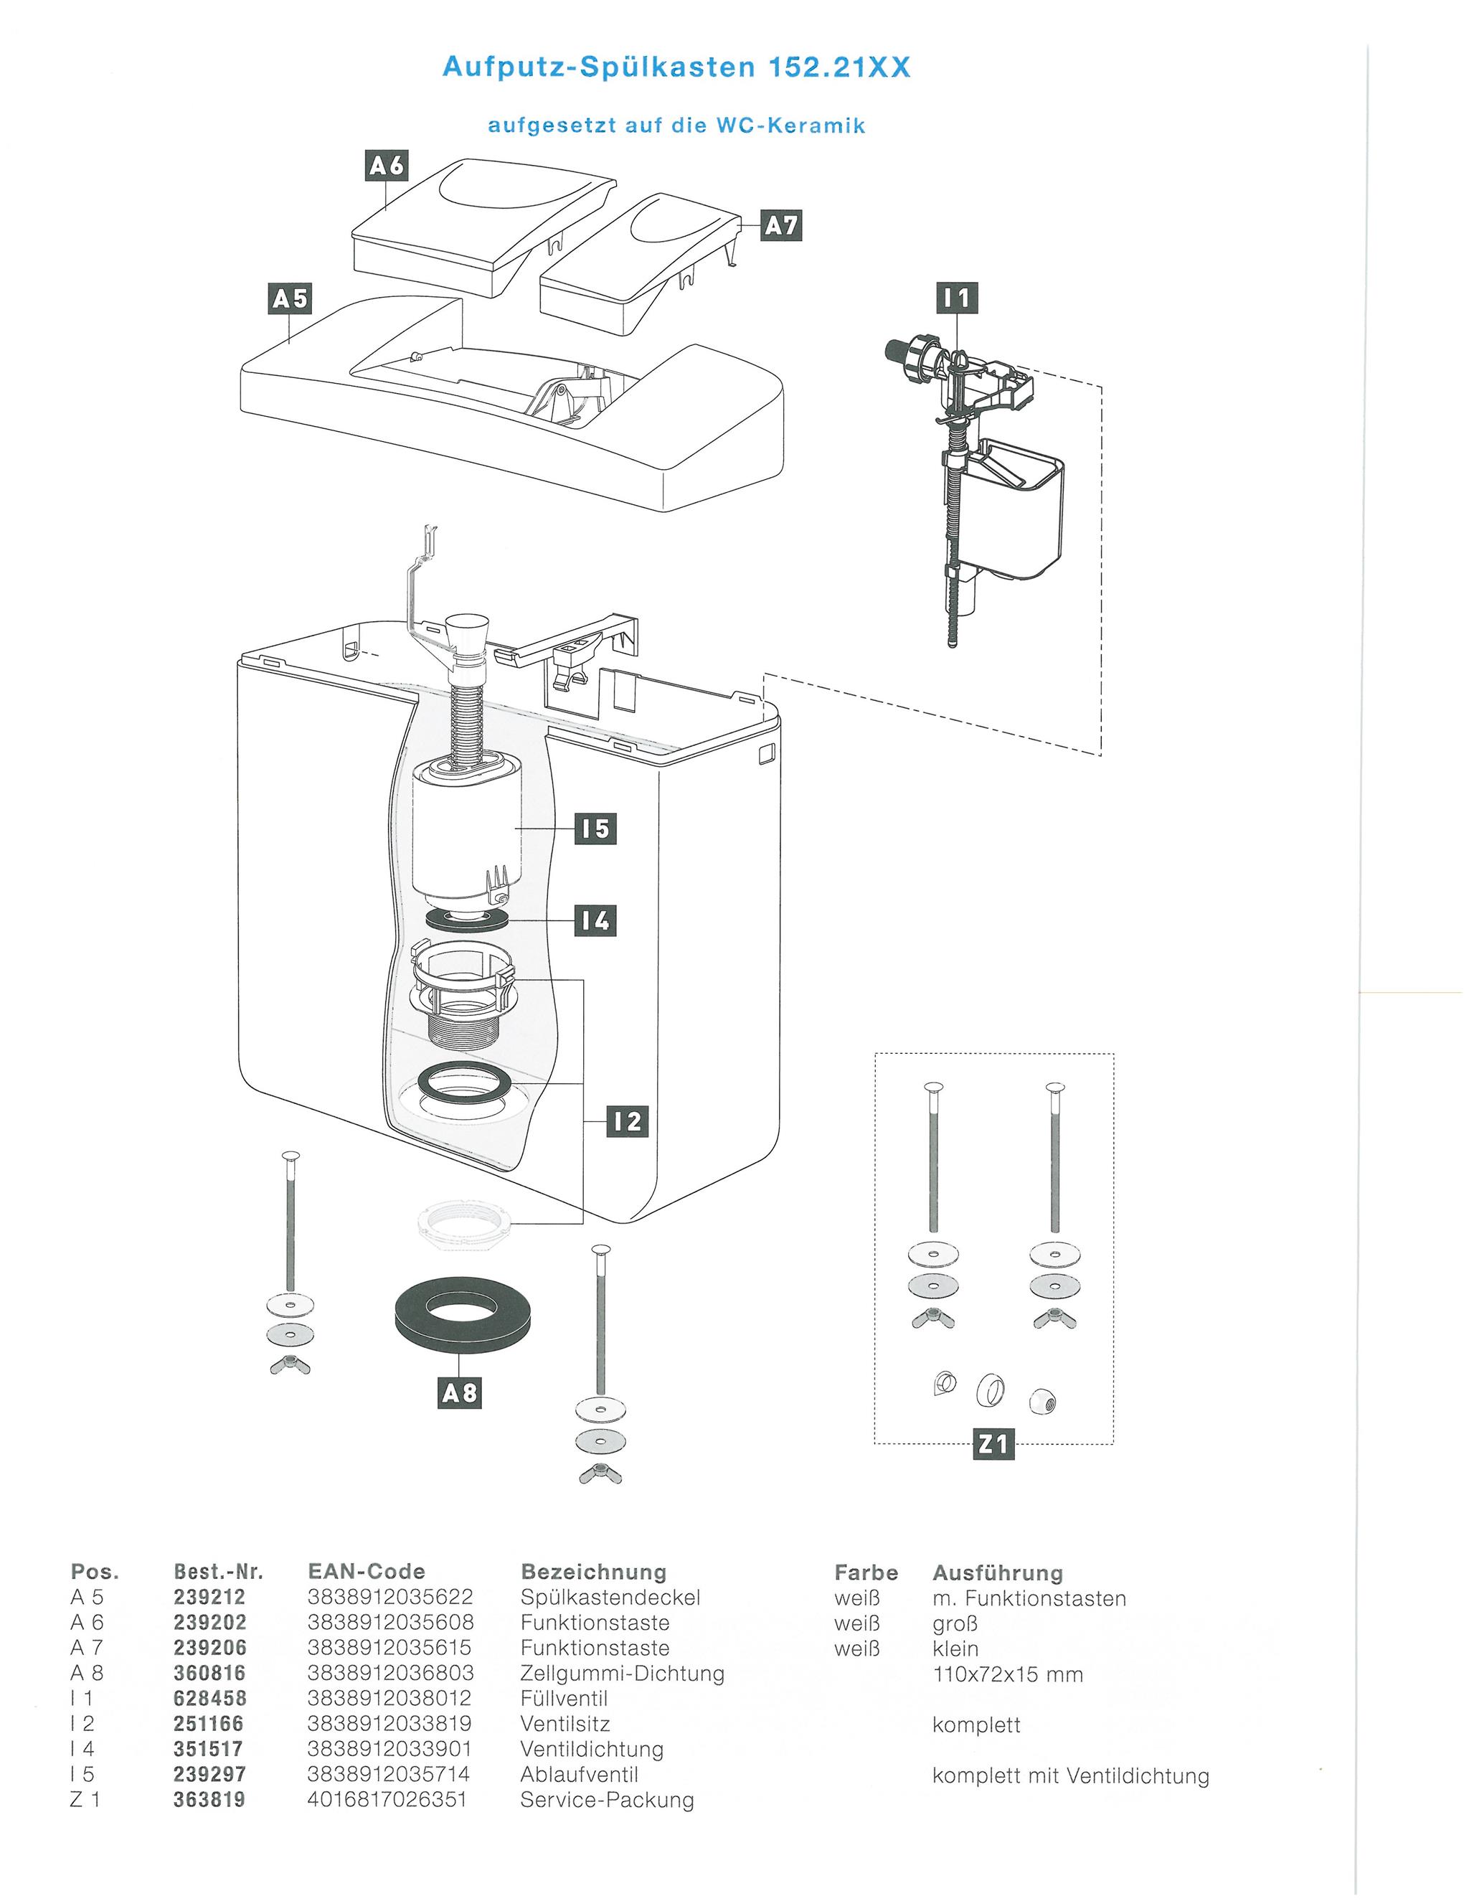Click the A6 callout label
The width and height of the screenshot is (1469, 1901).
[x=387, y=166]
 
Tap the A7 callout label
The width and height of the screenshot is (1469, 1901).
[x=782, y=226]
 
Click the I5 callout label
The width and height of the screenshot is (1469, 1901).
[x=595, y=829]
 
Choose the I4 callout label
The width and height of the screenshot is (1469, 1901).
[x=595, y=920]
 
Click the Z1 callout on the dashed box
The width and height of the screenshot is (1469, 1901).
[x=993, y=1444]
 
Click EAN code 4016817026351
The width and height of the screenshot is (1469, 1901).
[x=388, y=1799]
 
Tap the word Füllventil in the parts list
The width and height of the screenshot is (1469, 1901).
[x=564, y=1698]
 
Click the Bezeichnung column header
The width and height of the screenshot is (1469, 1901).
[x=593, y=1572]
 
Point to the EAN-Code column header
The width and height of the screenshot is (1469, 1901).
[x=367, y=1571]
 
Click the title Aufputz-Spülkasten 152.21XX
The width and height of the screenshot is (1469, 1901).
[x=676, y=68]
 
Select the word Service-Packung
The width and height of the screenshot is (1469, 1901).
[x=608, y=1800]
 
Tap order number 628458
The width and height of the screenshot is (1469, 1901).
[x=209, y=1698]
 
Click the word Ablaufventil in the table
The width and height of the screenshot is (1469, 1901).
[x=580, y=1774]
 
